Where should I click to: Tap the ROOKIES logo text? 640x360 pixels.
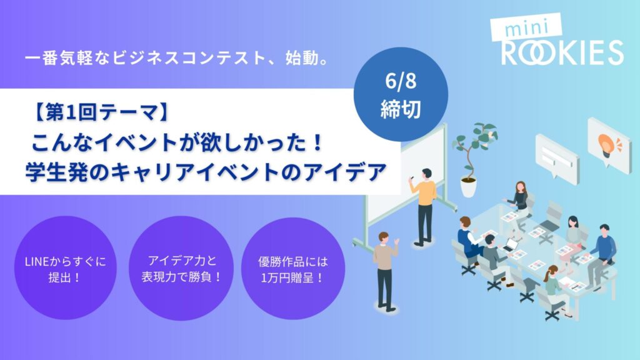(562, 52)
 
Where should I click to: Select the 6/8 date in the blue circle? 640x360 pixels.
(401, 81)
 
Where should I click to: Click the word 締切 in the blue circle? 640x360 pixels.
(401, 109)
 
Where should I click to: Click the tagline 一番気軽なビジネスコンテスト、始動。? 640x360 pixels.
(177, 58)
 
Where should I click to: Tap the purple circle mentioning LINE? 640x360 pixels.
(65, 268)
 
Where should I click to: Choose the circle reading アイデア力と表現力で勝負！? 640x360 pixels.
(181, 268)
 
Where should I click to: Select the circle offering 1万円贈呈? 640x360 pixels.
(293, 268)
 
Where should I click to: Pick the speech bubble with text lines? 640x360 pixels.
(557, 156)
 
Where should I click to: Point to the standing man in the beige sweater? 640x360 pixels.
(385, 271)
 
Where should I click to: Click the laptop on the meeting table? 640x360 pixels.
(509, 246)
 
